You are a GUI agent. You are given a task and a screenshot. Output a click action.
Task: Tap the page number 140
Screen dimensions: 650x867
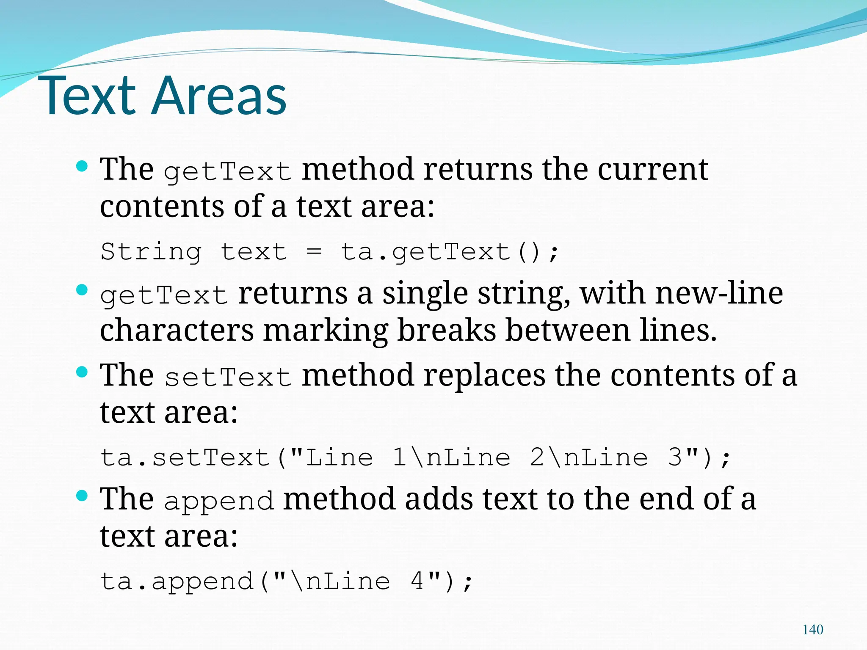(x=813, y=630)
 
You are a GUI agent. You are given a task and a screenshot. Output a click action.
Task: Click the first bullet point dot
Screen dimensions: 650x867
(x=82, y=166)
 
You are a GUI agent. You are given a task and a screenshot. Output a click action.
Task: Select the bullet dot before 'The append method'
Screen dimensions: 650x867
(x=82, y=496)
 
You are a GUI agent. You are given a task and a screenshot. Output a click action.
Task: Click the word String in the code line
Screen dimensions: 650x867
(x=151, y=252)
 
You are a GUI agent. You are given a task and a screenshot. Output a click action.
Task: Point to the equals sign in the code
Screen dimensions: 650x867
(x=314, y=252)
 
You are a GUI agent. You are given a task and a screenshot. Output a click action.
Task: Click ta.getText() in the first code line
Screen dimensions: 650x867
(x=450, y=252)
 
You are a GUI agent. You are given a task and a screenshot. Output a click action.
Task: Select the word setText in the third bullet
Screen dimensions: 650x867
(x=228, y=377)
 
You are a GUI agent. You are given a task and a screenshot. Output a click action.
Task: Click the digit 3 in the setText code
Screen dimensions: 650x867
(x=675, y=457)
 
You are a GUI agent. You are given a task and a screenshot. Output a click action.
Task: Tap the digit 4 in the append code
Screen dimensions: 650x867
(x=417, y=581)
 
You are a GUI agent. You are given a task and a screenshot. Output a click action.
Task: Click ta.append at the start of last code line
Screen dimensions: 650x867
(x=177, y=581)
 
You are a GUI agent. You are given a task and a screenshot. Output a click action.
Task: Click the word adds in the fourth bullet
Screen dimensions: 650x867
(x=439, y=499)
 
